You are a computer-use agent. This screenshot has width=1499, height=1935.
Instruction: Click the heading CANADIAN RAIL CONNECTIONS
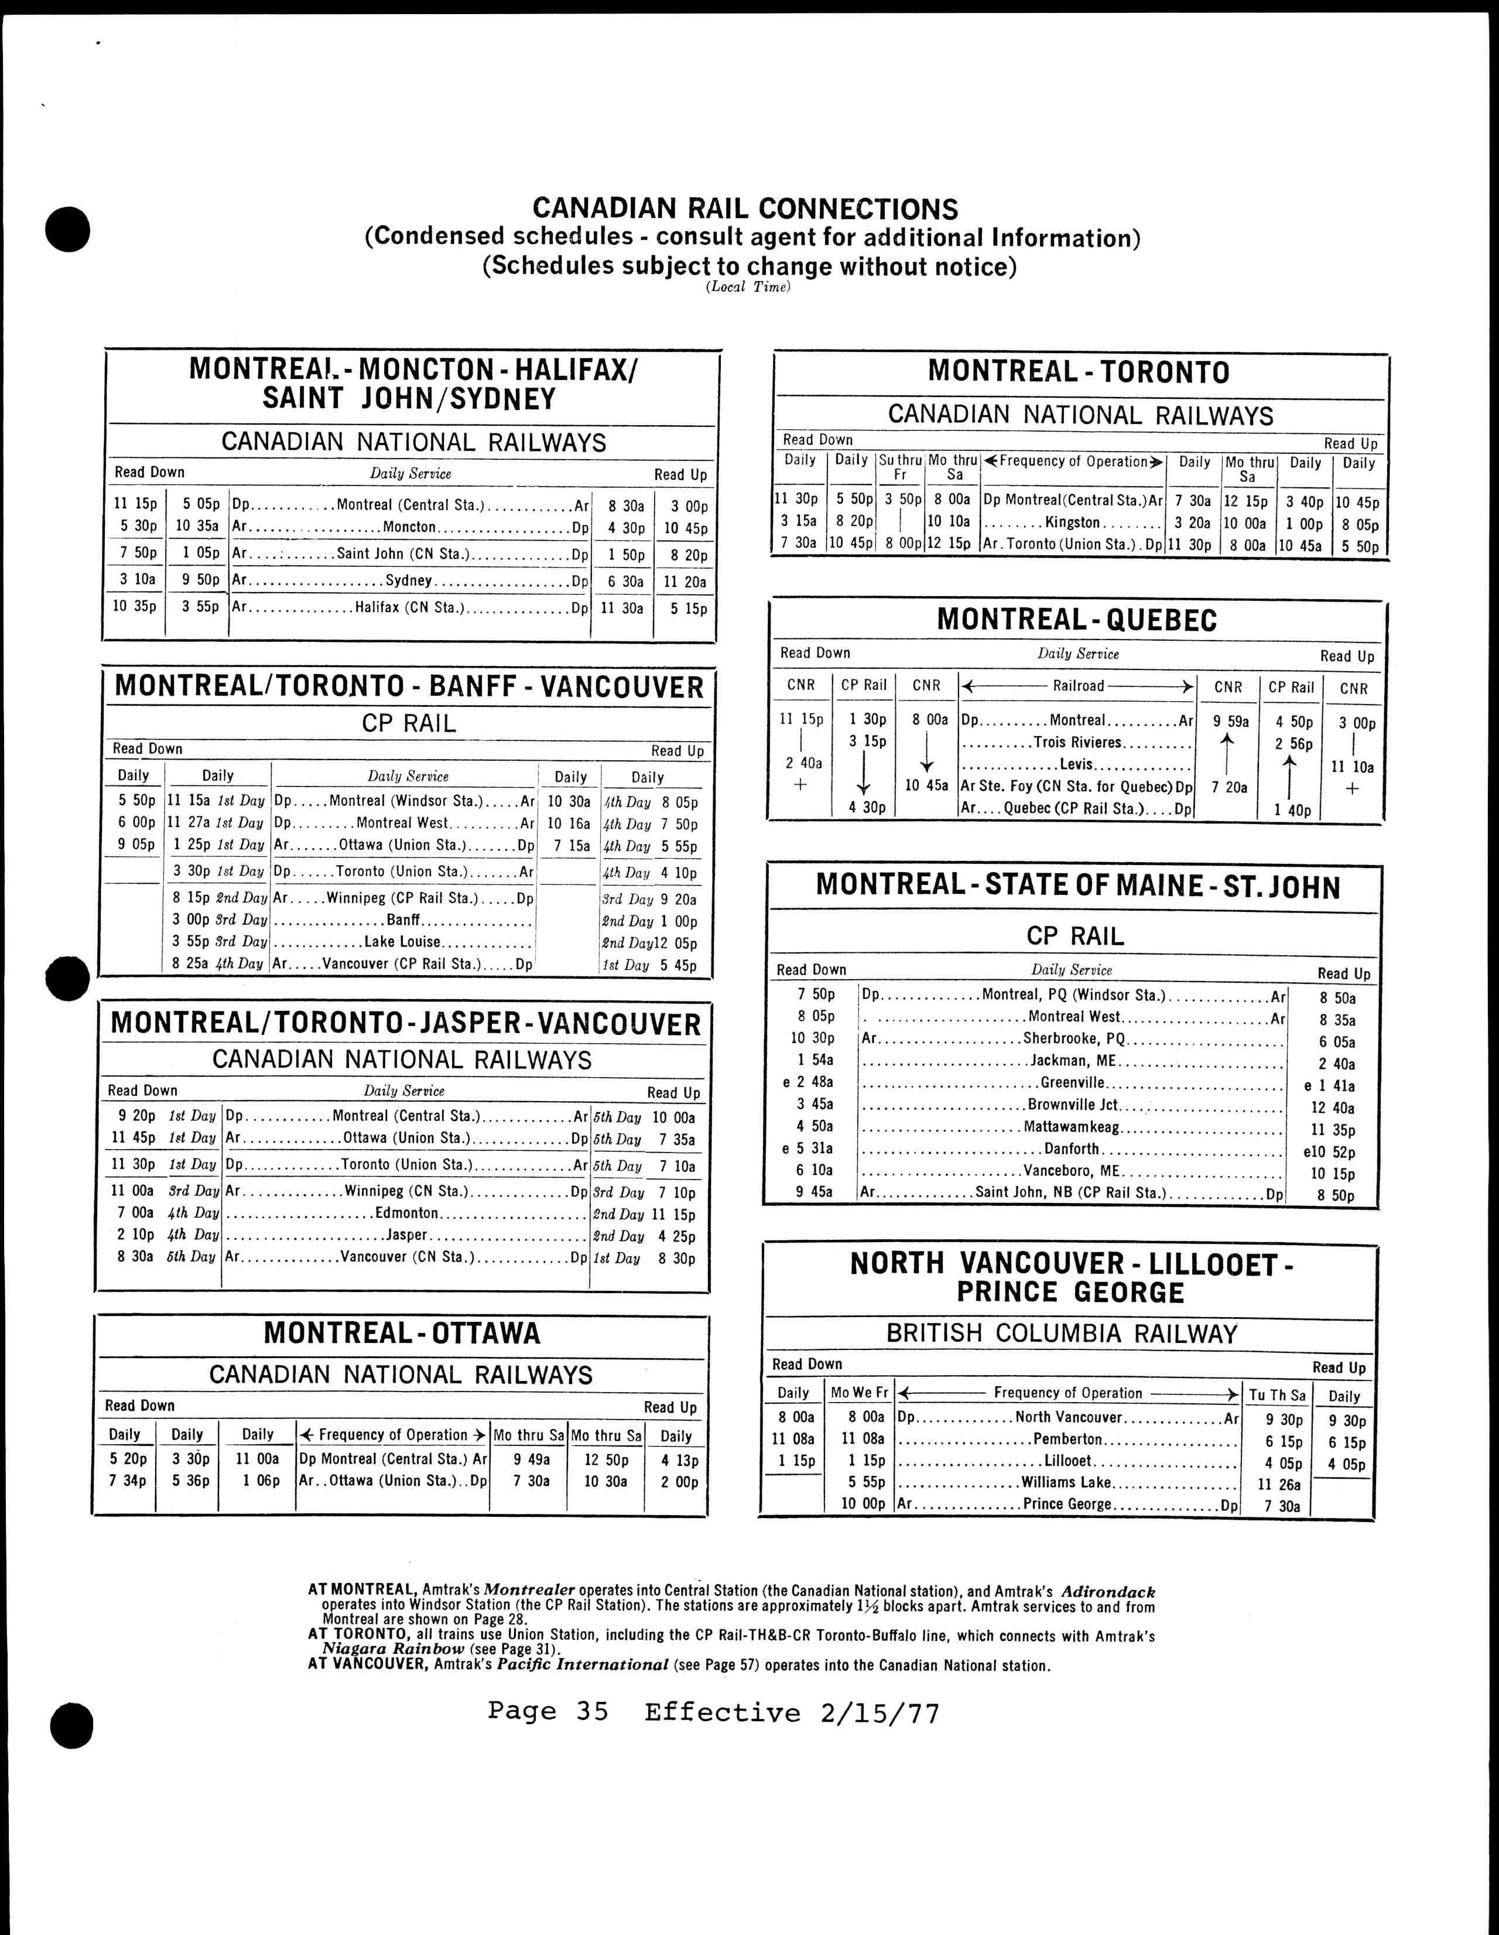[745, 209]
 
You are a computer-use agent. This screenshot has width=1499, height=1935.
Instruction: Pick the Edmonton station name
[406, 1213]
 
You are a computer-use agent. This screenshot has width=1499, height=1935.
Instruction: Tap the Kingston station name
[1072, 523]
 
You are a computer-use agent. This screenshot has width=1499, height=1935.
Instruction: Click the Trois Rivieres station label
[1077, 743]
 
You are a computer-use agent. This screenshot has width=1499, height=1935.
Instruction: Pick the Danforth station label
[1072, 1149]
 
